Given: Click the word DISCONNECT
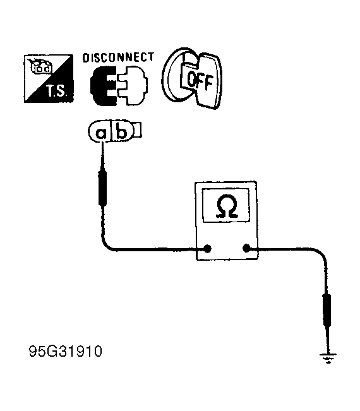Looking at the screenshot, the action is (x=118, y=57).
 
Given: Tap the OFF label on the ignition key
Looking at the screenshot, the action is (x=200, y=80).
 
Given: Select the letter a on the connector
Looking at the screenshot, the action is (x=101, y=133).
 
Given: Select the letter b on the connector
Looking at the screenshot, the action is (x=121, y=132).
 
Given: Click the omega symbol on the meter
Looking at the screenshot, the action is (x=227, y=206).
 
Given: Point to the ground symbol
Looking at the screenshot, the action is (x=328, y=358).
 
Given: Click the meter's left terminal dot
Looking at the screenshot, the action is (x=207, y=249).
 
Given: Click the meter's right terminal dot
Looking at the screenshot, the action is (x=246, y=248).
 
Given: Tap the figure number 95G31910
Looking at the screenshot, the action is (x=65, y=351).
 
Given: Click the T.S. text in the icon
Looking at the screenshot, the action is (x=57, y=91).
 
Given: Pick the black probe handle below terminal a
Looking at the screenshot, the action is (x=102, y=188).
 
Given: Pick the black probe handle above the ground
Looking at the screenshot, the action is (x=327, y=311).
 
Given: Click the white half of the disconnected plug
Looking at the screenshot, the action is (x=133, y=85).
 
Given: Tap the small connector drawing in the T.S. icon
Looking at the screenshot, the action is (x=42, y=66).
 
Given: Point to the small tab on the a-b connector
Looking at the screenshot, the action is (x=138, y=130).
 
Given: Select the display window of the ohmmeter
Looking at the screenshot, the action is (x=226, y=206).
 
